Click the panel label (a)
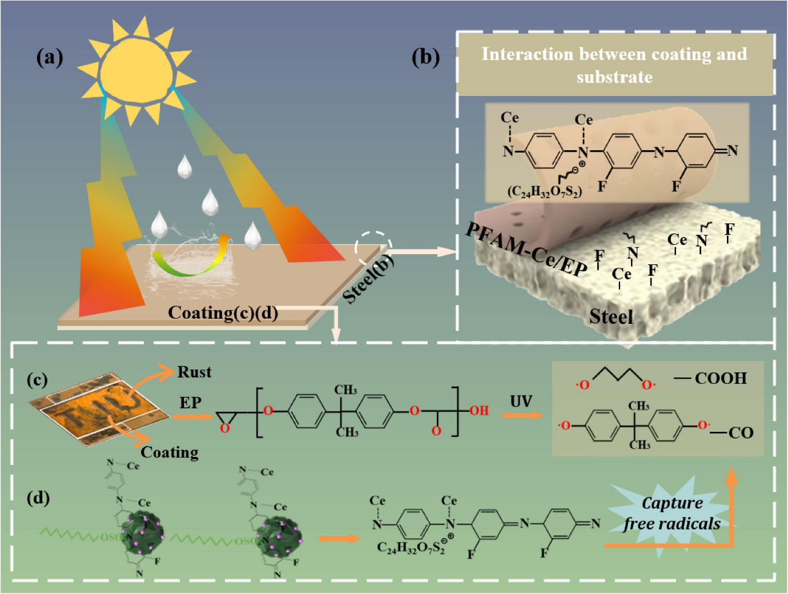pos(50,57)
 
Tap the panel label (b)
pos(425,57)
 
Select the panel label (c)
pos(37,380)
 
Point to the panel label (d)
pos(38,497)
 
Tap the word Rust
pos(194,372)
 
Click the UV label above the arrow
pos(521,402)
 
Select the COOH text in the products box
pos(721,378)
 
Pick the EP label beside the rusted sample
pos(190,403)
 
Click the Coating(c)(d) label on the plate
pos(223,313)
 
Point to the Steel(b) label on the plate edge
pos(368,279)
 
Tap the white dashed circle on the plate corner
pos(373,247)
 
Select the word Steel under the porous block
pos(611,316)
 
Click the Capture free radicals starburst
pos(671,513)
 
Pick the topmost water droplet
pos(184,166)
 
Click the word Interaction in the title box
pos(526,54)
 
